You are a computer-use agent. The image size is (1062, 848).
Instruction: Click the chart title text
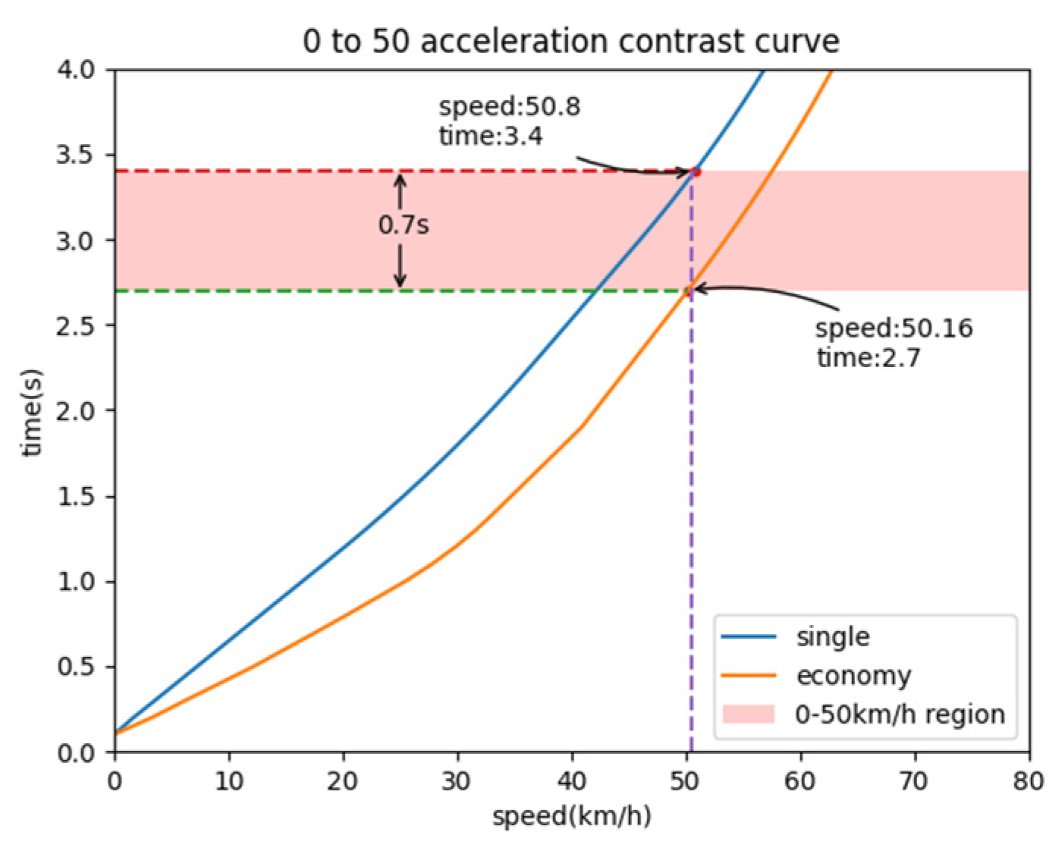tap(570, 41)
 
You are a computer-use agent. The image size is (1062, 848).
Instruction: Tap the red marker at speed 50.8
tap(696, 172)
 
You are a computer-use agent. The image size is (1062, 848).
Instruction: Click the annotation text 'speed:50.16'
tap(894, 328)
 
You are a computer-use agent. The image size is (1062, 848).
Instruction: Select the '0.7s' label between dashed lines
tap(404, 225)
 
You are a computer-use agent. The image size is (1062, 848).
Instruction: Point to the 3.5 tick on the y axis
tap(75, 155)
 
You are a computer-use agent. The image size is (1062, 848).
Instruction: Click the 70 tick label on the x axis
tap(914, 780)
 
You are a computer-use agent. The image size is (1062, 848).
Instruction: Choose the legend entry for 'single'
tap(832, 636)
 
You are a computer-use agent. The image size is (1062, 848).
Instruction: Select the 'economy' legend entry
tap(853, 675)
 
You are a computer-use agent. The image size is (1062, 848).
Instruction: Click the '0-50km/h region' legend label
tap(900, 715)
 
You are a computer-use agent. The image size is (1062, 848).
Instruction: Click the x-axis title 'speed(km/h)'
tap(571, 817)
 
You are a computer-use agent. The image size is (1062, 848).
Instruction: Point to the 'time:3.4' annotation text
tap(490, 137)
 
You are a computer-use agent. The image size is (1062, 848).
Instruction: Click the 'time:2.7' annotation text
tap(868, 357)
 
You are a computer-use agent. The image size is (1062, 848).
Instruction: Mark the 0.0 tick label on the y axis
tap(75, 752)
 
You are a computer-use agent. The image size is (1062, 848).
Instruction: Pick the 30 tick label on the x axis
tap(457, 780)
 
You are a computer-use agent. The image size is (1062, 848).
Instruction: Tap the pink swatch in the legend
tap(748, 715)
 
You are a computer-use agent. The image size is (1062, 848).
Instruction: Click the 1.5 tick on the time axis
tap(75, 497)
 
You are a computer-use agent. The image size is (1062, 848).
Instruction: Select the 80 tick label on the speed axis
tap(1028, 780)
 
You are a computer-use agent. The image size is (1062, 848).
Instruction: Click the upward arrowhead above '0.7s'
tap(401, 181)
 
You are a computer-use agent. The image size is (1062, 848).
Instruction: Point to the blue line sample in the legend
tap(748, 636)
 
